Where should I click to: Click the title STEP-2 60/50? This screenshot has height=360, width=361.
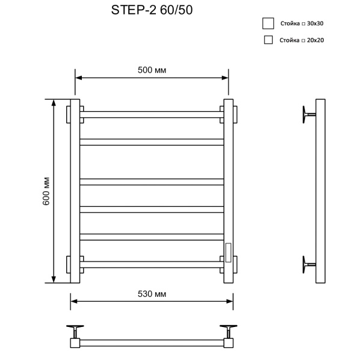(x=152, y=10)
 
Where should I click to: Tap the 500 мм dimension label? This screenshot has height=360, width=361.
(x=152, y=70)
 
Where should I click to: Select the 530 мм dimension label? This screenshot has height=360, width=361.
(x=152, y=294)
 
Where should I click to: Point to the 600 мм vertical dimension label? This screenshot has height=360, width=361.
(x=46, y=191)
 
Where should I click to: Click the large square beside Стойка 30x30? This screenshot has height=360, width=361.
(x=268, y=23)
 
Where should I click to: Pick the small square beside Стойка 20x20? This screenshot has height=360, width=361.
(x=268, y=40)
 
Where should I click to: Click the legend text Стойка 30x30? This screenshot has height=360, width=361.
(x=302, y=23)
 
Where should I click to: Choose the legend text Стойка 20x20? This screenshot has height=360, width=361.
(x=301, y=40)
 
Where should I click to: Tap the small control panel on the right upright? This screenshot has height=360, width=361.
(x=228, y=252)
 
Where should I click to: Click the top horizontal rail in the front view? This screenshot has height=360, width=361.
(x=152, y=115)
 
